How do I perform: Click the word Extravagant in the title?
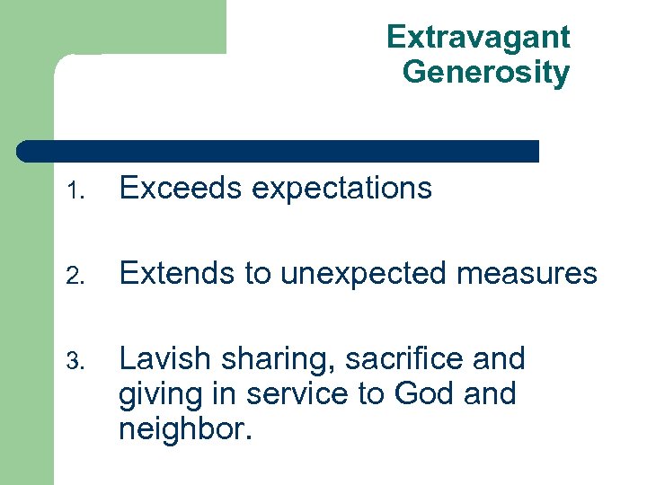[x=478, y=37]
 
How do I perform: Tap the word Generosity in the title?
[x=486, y=72]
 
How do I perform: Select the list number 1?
[x=78, y=190]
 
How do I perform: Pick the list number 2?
[x=78, y=275]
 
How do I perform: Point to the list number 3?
[x=78, y=361]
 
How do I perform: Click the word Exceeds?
[x=181, y=189]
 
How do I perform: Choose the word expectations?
[x=341, y=189]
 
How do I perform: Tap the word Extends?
[x=176, y=273]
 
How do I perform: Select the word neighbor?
[x=181, y=428]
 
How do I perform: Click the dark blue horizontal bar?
[x=279, y=152]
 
